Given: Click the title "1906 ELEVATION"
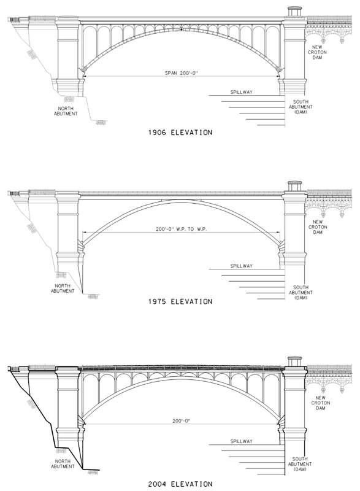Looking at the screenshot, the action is (180, 133).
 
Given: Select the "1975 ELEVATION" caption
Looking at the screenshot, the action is (180, 301).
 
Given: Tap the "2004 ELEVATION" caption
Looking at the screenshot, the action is (180, 484).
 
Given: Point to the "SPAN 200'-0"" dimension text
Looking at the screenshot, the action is (182, 73).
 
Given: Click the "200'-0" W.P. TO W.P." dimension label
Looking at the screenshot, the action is (182, 229).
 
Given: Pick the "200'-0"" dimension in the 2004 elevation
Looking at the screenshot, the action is (182, 421).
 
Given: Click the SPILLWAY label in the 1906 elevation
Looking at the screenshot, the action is (241, 93).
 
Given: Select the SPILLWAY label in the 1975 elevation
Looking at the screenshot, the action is (241, 266).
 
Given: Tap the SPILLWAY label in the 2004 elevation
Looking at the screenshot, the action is (241, 441).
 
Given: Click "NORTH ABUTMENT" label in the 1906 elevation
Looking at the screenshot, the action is (66, 111).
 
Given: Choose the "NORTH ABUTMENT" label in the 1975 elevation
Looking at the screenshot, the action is (63, 288).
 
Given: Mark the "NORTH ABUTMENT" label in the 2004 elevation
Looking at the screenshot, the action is (63, 464).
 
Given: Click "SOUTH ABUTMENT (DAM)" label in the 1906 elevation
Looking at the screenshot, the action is (301, 107).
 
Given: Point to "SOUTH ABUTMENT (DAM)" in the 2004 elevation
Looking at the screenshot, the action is (301, 464).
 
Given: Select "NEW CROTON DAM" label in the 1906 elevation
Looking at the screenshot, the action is (317, 52).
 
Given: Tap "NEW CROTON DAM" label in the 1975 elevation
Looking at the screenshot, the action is (318, 227).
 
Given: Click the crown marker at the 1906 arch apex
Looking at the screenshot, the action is (181, 29).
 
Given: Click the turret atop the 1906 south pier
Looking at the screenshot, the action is (294, 11).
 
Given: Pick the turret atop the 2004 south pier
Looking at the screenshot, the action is (294, 361).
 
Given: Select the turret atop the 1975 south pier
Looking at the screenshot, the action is (294, 186).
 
